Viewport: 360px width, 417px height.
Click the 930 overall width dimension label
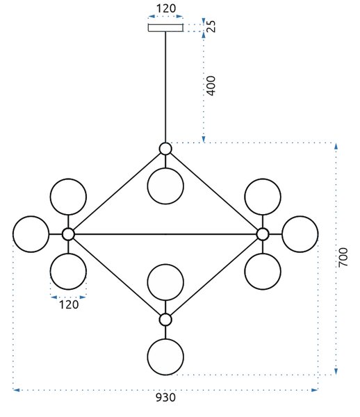click(165, 398)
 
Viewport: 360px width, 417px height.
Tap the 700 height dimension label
click(343, 257)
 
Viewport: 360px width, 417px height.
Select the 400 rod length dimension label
click(211, 85)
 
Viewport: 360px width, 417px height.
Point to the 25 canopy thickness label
click(212, 26)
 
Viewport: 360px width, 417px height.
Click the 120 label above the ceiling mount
click(165, 8)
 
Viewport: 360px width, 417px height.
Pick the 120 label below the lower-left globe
click(69, 304)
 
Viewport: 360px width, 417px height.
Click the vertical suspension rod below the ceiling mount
click(165, 88)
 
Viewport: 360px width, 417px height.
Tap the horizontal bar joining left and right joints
click(165, 234)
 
